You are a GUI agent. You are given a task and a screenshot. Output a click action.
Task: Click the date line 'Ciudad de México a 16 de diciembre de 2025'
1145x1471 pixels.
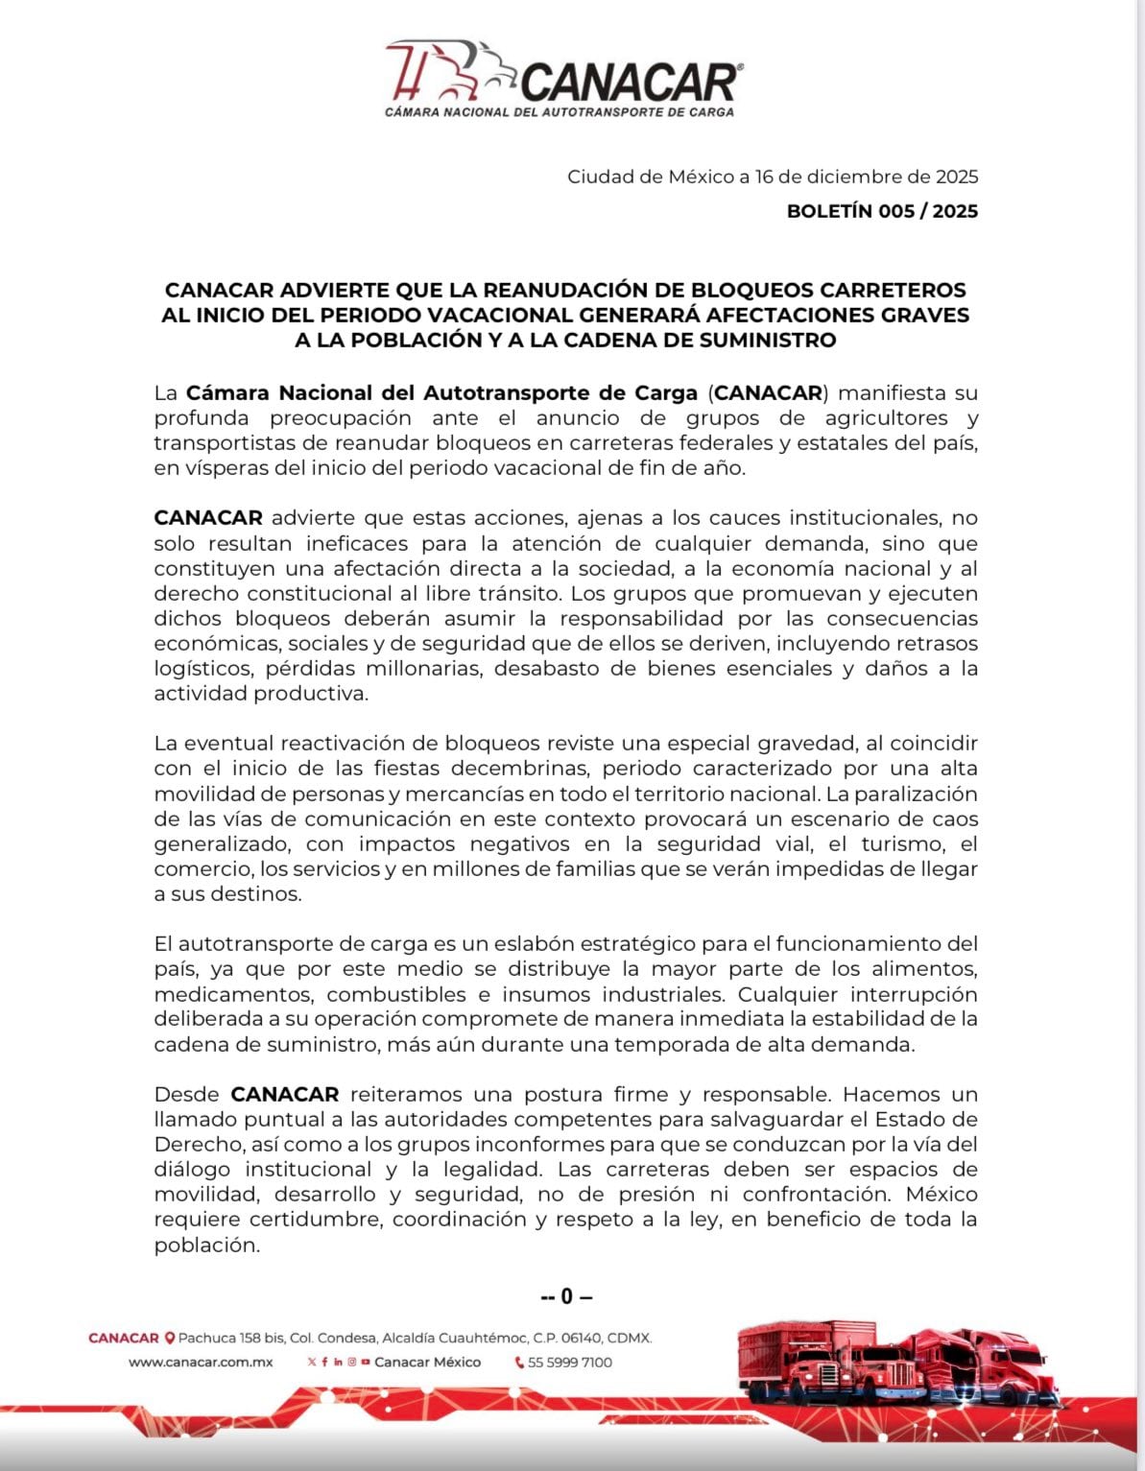(x=772, y=177)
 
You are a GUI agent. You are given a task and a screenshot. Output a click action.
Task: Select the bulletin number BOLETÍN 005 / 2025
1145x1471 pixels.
(x=882, y=211)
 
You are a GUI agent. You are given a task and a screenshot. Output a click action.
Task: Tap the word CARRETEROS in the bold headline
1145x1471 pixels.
(x=893, y=290)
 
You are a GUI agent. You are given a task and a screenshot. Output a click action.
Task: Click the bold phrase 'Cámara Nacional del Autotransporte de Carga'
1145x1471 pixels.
(x=441, y=392)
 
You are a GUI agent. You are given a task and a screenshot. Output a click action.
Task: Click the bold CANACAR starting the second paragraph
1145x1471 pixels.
(x=207, y=518)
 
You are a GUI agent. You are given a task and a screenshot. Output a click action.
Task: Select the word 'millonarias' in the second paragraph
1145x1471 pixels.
(x=418, y=668)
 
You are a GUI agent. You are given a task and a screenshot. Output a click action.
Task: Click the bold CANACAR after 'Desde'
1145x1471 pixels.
(x=285, y=1094)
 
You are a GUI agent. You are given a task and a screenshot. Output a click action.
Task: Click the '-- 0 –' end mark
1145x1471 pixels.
(x=566, y=1296)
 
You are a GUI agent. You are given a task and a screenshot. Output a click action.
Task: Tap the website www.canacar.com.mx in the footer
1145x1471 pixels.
(x=201, y=1362)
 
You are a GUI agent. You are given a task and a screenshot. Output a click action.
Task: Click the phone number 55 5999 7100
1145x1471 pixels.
(x=569, y=1362)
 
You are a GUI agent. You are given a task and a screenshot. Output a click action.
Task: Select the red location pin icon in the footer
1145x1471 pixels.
(x=170, y=1338)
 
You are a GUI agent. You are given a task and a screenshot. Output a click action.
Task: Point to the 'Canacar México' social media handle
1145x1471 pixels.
(x=427, y=1362)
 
